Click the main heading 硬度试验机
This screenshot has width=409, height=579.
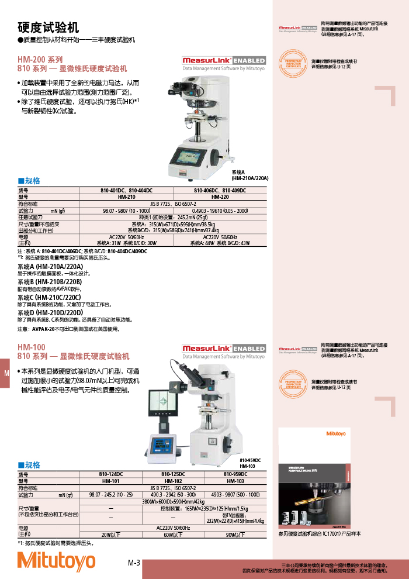(48, 27)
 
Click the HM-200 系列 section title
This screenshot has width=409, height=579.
(40, 60)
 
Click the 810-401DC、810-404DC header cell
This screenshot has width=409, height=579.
(126, 191)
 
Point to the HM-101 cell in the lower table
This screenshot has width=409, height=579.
(111, 481)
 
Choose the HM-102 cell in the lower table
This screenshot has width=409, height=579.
(173, 481)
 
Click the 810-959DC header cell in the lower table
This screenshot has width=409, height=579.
(235, 474)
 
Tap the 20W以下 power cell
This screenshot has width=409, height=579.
(111, 535)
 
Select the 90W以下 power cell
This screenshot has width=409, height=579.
(235, 535)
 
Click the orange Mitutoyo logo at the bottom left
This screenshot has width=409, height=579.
(56, 561)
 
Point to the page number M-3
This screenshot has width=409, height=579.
(134, 563)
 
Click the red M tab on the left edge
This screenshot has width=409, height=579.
(6, 374)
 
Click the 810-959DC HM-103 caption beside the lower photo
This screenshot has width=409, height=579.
(250, 463)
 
